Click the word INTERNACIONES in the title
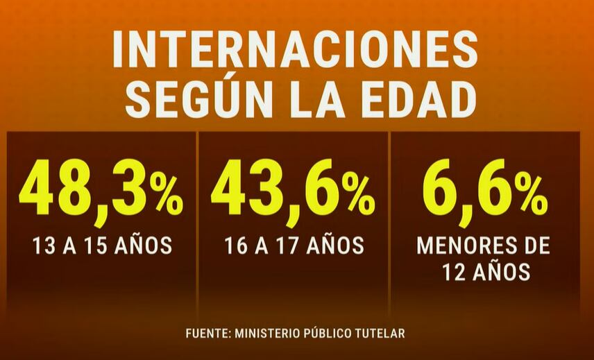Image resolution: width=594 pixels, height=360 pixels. click(296, 50)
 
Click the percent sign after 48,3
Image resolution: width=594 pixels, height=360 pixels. click(169, 196)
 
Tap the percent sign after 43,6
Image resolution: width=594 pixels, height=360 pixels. click(360, 196)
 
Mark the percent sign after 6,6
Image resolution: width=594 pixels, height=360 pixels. click(533, 196)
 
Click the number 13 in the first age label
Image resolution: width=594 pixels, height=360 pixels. click(43, 246)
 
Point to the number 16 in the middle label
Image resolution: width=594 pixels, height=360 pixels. click(235, 246)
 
